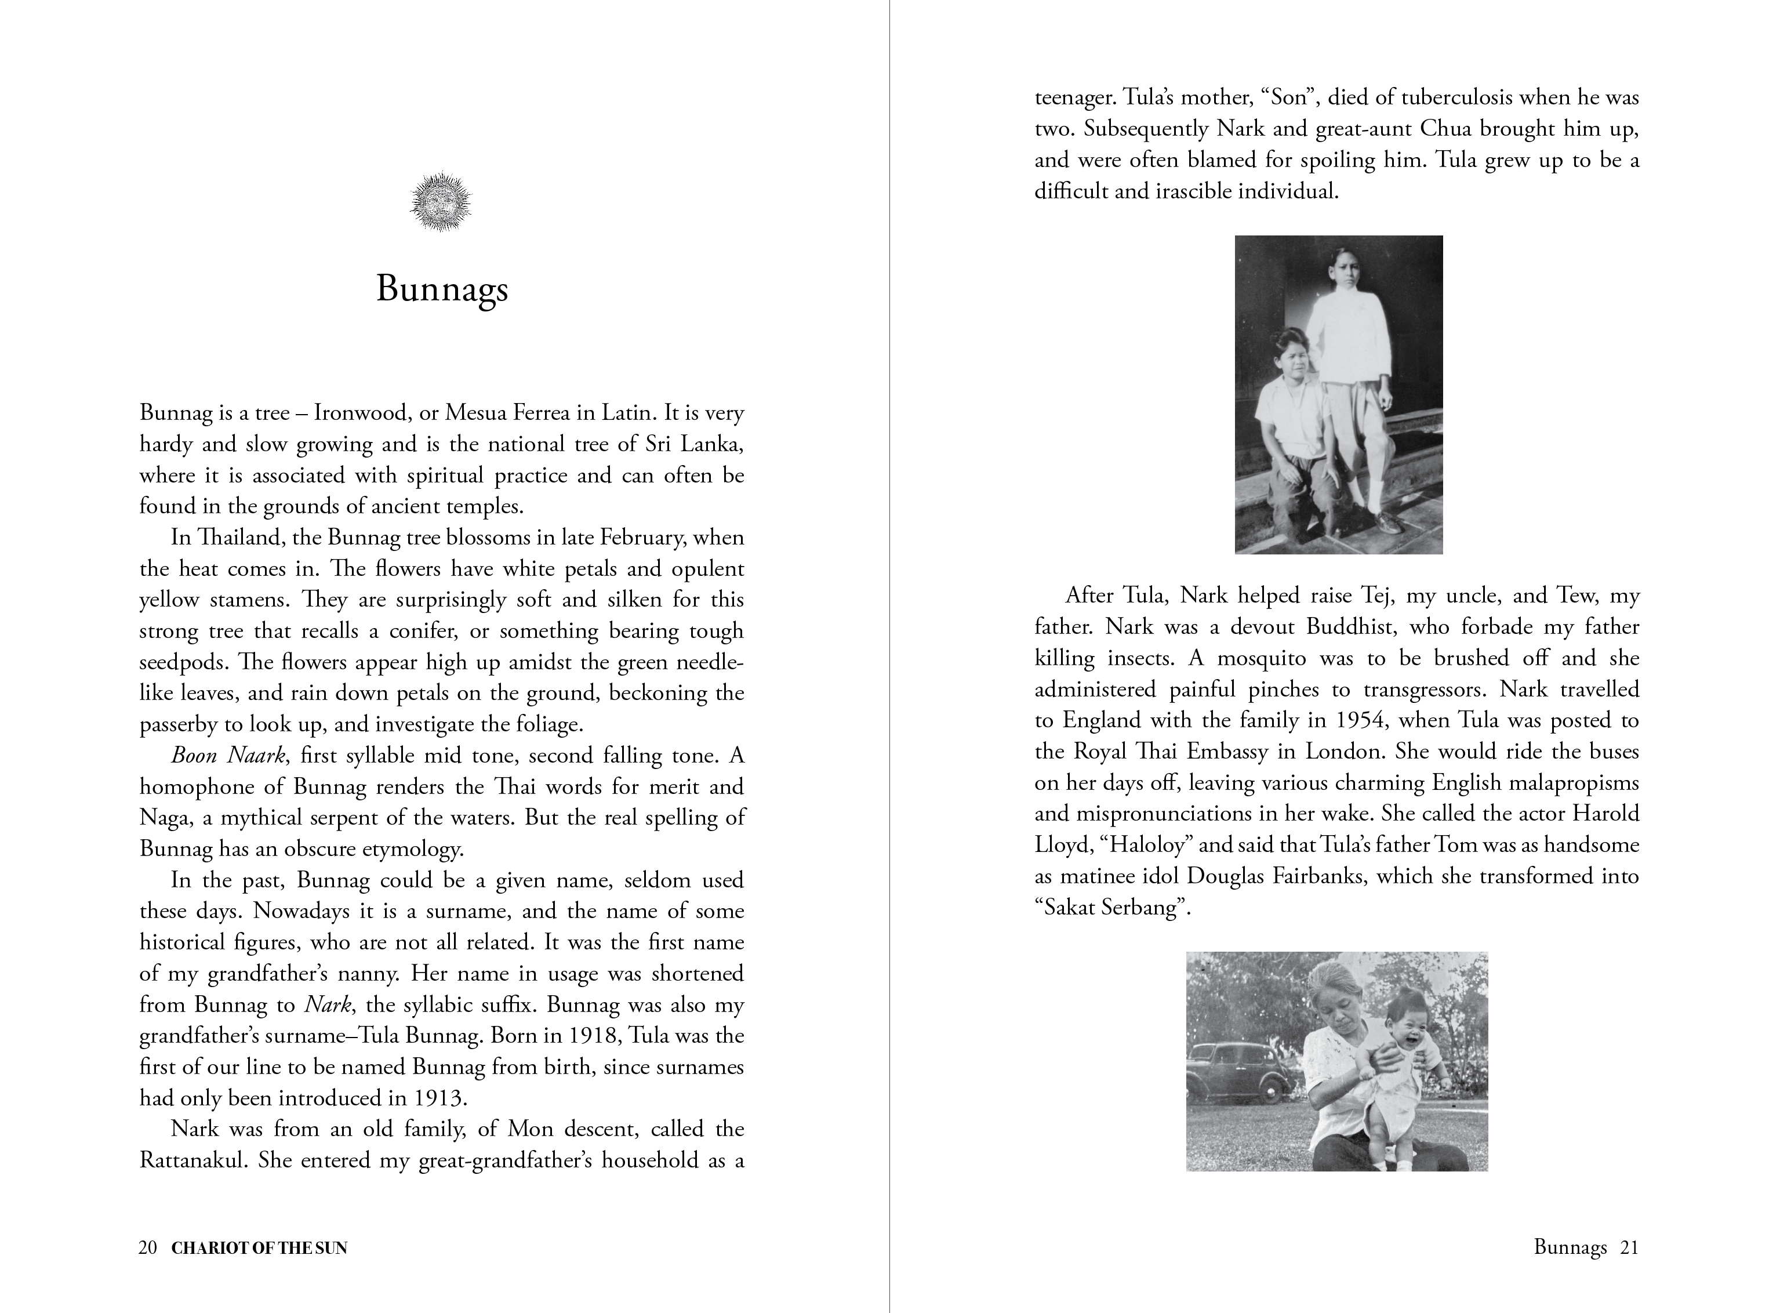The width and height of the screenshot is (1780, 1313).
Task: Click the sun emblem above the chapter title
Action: pyautogui.click(x=440, y=202)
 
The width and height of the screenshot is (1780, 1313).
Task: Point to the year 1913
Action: pyautogui.click(x=437, y=1098)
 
